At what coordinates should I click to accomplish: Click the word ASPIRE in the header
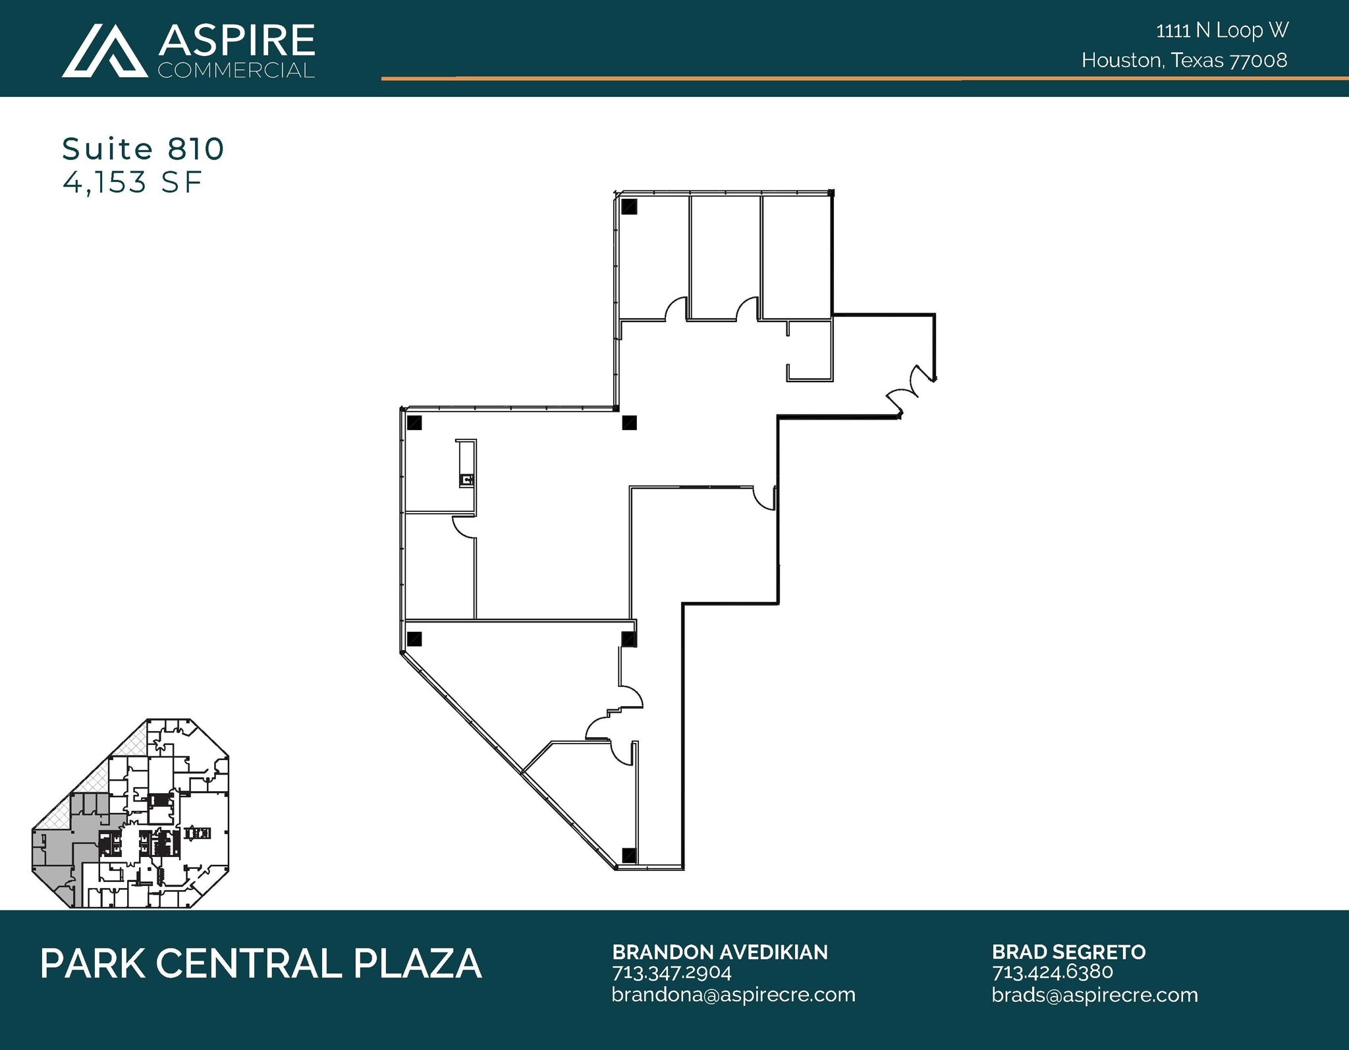tap(236, 41)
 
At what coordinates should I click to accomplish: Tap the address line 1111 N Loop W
tap(1222, 30)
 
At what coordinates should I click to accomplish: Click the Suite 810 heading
tap(143, 149)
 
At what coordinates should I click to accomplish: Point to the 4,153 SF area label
tap(132, 182)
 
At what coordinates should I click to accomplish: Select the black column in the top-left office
tap(630, 207)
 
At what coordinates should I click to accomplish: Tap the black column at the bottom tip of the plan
tap(629, 855)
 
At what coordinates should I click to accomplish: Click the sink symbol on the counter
tap(467, 480)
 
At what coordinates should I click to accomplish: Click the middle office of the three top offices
tap(725, 257)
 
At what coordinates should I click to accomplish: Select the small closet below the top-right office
tap(810, 350)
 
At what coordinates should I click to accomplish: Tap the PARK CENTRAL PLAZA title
tap(261, 964)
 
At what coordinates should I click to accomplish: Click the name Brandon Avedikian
tap(719, 952)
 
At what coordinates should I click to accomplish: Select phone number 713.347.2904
tap(671, 972)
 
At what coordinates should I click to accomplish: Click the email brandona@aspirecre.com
tap(732, 995)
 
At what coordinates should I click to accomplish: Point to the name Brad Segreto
tap(1068, 952)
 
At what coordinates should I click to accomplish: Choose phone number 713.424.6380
tap(1052, 972)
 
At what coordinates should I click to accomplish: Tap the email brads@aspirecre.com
tap(1094, 995)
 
